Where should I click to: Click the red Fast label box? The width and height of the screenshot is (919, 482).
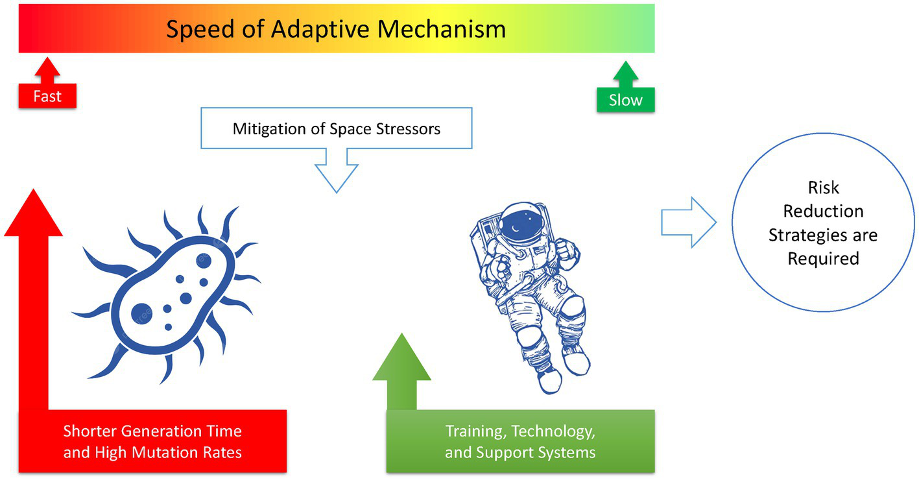pyautogui.click(x=47, y=96)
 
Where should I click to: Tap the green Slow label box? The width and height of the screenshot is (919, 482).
pyautogui.click(x=625, y=100)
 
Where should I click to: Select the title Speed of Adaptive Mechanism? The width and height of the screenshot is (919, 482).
pyautogui.click(x=336, y=29)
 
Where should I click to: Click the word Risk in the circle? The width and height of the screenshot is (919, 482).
pyautogui.click(x=823, y=188)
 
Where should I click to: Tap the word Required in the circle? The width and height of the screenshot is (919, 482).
pyautogui.click(x=823, y=258)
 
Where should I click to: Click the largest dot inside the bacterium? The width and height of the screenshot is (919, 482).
pyautogui.click(x=142, y=314)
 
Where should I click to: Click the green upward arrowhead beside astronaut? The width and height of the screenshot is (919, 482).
pyautogui.click(x=401, y=359)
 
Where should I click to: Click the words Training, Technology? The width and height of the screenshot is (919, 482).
pyautogui.click(x=520, y=431)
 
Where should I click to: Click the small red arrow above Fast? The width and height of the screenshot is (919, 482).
pyautogui.click(x=47, y=67)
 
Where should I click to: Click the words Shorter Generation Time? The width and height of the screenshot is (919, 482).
pyautogui.click(x=152, y=431)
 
